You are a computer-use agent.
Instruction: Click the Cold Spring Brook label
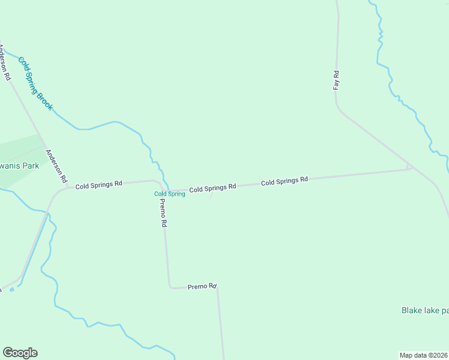35,84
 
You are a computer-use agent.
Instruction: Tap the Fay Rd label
337,80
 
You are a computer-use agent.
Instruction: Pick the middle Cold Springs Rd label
212,188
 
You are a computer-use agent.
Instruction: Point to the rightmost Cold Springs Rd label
284,180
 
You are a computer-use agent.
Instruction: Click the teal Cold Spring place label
169,194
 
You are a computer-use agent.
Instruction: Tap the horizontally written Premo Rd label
202,287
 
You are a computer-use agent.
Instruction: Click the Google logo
20,353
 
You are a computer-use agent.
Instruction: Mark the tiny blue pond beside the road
11,289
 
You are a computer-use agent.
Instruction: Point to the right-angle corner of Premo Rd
170,287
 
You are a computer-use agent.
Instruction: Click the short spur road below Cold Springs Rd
209,197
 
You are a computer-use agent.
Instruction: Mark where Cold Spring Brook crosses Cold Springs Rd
168,188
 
